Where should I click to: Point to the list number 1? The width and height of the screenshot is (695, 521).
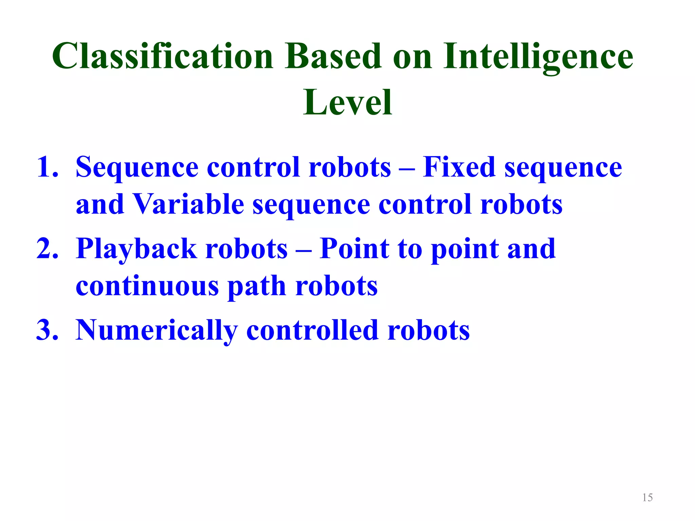[x=47, y=167]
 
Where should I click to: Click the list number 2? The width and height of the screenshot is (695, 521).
[x=47, y=249]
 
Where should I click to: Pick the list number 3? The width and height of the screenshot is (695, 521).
[x=47, y=330]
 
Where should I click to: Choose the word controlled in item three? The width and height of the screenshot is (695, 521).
[x=312, y=330]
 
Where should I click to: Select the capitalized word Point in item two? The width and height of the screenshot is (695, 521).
[x=354, y=249]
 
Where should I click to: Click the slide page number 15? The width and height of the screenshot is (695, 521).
[x=647, y=498]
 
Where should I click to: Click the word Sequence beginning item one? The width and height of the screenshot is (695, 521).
[x=137, y=168]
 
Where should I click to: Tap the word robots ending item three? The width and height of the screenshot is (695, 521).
[x=428, y=330]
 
